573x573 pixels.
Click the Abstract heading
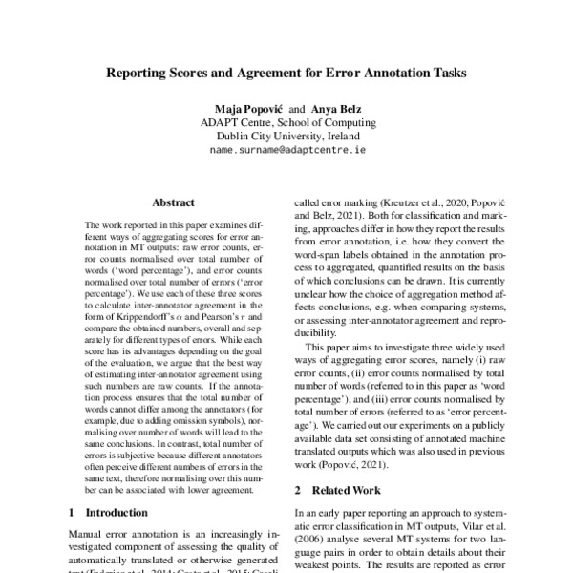coord(173,202)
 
